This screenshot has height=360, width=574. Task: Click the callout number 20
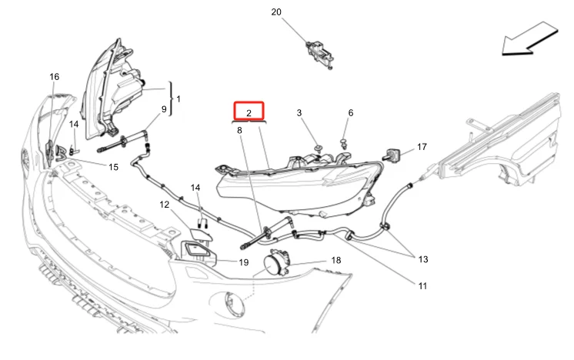point(276,12)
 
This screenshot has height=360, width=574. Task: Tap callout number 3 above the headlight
point(300,113)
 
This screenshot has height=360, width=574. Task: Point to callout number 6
point(351,113)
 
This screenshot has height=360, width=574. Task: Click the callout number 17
point(422,146)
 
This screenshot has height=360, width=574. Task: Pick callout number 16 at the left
point(54,77)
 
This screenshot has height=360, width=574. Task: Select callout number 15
point(113,167)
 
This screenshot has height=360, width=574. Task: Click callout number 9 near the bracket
point(163,109)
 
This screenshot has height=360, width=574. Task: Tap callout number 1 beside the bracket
point(179,99)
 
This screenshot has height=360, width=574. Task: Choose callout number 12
point(164,205)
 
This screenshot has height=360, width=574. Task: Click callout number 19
point(243,262)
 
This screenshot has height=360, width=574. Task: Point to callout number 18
point(336,261)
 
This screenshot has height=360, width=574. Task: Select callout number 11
point(422,286)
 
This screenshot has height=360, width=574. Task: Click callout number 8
point(239,131)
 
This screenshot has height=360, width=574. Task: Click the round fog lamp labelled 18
point(275,265)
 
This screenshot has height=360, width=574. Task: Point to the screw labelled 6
point(344,142)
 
